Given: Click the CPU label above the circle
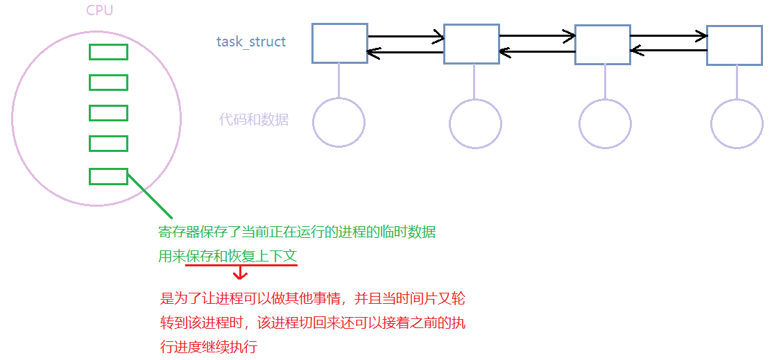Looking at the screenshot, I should (x=100, y=10).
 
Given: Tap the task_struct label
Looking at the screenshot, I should (x=251, y=42).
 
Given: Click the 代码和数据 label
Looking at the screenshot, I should (x=254, y=119).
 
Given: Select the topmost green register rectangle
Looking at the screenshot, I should (x=108, y=52).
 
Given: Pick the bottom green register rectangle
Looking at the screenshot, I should (x=108, y=176).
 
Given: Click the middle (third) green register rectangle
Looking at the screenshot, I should (x=108, y=112).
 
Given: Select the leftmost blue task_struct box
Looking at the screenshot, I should (x=339, y=44).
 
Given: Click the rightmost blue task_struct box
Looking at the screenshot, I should (x=735, y=45).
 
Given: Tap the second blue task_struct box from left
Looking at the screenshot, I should (x=472, y=44).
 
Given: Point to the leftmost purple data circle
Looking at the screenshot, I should (x=338, y=123).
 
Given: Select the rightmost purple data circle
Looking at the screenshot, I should (x=737, y=123).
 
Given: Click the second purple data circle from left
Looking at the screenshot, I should (x=475, y=124).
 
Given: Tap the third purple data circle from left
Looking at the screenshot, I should (x=606, y=124).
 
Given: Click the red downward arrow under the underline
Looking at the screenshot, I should (x=240, y=273).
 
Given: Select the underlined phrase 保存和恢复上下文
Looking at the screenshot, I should (x=241, y=257).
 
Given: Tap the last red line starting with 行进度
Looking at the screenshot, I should (x=209, y=347).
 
